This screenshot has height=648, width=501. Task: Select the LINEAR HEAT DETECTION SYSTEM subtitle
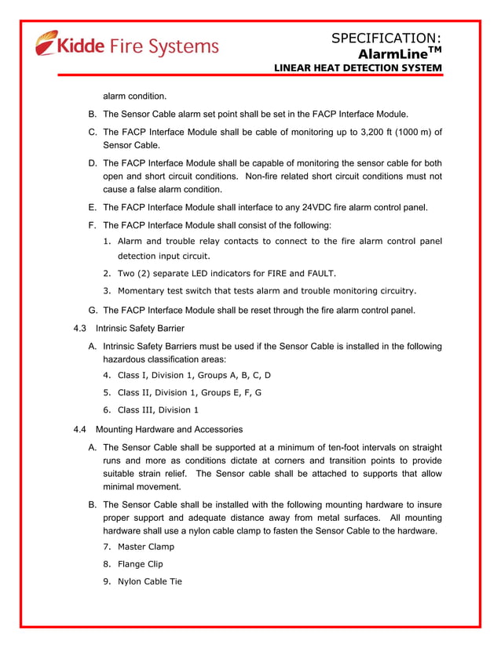[x=357, y=69]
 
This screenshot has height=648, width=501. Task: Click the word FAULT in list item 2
[x=317, y=273]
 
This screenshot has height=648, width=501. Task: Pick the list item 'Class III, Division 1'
[x=158, y=410]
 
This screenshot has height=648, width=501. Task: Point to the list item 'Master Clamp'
[x=146, y=546]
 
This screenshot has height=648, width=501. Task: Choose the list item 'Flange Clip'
[x=141, y=563]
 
